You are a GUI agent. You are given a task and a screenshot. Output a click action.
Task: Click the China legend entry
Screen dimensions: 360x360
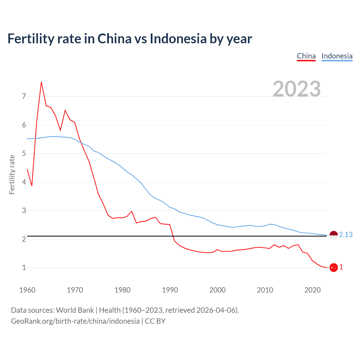point(306,56)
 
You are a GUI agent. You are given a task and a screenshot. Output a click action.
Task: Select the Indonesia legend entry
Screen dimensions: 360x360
point(337,56)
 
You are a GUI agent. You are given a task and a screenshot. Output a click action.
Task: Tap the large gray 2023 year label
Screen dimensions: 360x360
point(296,89)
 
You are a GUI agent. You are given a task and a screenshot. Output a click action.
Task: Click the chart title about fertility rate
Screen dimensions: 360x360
point(130,39)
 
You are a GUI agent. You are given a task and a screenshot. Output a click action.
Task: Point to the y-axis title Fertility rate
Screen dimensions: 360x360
point(12,174)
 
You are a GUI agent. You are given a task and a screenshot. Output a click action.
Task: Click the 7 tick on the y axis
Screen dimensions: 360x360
point(24,96)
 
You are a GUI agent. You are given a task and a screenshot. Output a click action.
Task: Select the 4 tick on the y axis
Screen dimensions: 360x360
point(24,182)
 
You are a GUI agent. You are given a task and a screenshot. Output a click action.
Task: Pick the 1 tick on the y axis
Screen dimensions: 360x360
point(24,267)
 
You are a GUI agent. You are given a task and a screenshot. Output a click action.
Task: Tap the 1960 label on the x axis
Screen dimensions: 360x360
point(27,290)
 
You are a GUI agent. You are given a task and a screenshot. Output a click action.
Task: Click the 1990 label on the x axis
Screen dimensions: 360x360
point(170,290)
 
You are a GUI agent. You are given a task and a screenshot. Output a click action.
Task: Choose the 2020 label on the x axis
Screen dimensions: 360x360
point(312,290)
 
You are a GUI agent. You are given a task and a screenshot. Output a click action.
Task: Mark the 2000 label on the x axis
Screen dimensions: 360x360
point(217,290)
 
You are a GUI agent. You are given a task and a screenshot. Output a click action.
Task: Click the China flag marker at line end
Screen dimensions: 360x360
point(334,267)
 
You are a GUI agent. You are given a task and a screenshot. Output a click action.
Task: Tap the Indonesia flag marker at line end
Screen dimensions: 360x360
point(334,235)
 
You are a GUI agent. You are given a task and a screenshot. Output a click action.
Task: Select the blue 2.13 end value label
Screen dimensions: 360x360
point(346,235)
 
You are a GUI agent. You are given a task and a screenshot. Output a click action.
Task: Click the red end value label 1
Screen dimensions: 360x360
point(341,267)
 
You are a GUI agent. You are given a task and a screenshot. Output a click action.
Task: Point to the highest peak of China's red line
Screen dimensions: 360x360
point(41,82)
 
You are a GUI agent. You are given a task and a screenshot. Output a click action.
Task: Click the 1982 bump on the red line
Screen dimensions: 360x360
point(132,211)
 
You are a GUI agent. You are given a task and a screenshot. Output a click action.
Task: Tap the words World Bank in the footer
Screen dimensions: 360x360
point(75,310)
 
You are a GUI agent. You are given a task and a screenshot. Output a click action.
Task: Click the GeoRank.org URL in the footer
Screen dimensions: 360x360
point(75,321)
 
